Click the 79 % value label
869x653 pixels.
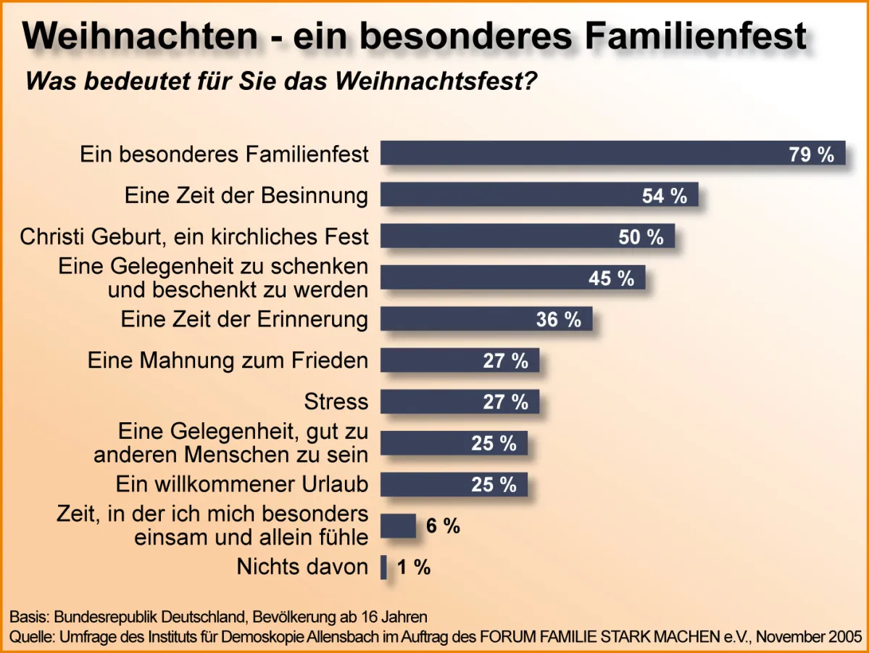[x=811, y=154]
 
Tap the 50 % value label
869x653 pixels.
[x=641, y=237]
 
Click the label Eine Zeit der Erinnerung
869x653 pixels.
[x=244, y=319]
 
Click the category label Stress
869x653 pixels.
[x=336, y=401]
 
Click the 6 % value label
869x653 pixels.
[x=443, y=526]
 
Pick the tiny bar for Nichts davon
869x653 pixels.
[x=384, y=567]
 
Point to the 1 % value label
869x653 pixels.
[x=414, y=567]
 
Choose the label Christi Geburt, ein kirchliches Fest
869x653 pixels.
[x=194, y=237]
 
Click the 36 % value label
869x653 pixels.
[x=558, y=319]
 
